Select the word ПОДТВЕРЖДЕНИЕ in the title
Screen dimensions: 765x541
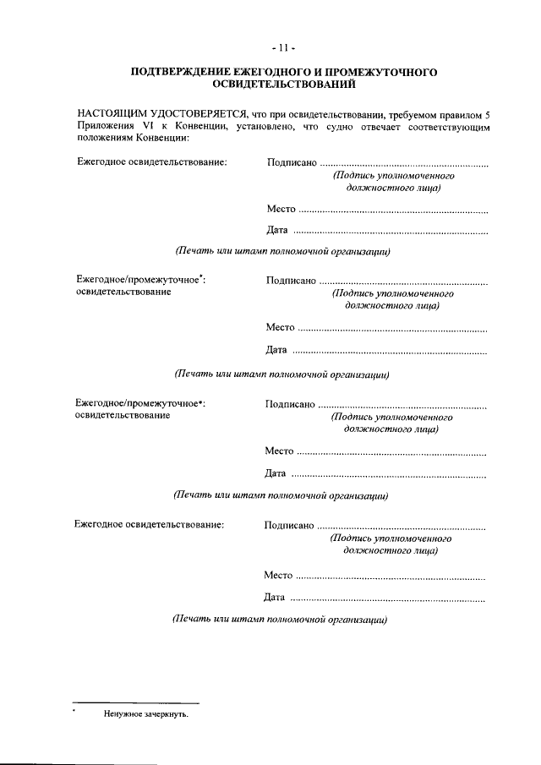[x=180, y=74]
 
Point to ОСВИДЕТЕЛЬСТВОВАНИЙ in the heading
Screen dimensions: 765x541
[x=283, y=85]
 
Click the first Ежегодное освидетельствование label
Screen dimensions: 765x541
[x=152, y=162]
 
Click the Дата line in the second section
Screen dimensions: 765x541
[x=375, y=350]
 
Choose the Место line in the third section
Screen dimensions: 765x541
[x=374, y=451]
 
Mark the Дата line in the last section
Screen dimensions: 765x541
[x=374, y=598]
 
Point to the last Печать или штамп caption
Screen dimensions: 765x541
[x=279, y=619]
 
